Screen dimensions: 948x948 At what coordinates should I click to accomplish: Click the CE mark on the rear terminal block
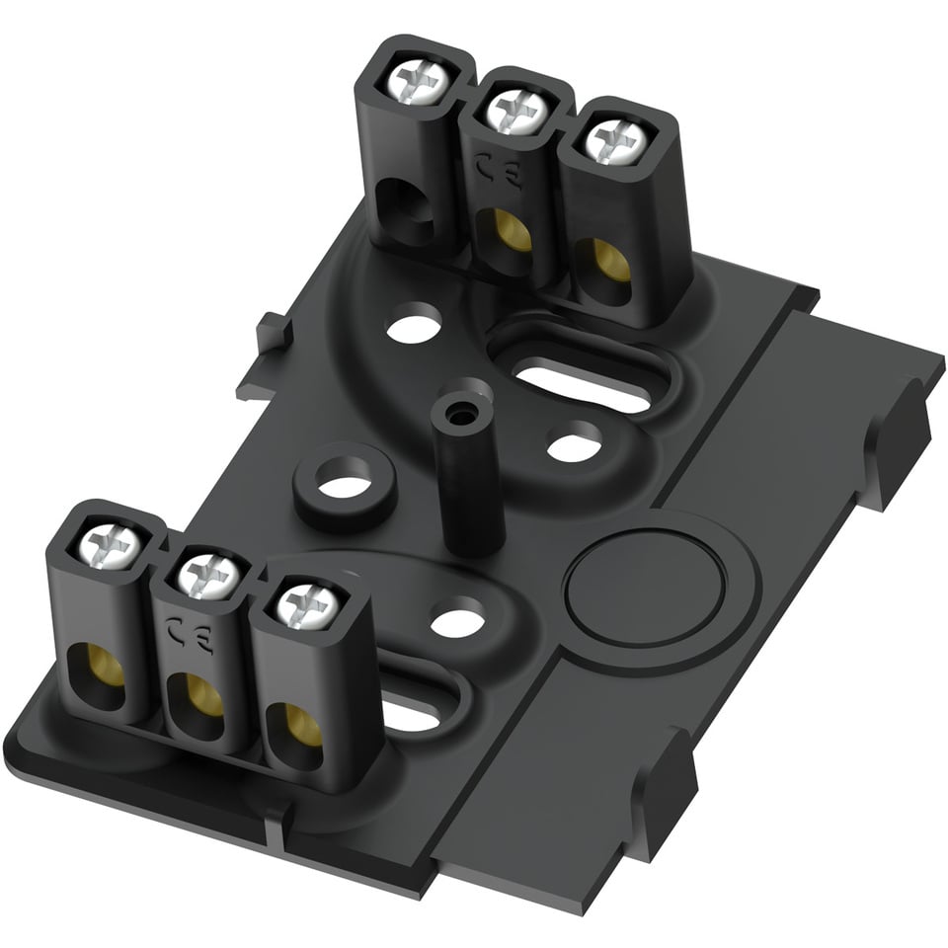coord(498,168)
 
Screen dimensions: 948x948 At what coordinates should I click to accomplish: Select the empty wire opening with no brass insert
coord(403,212)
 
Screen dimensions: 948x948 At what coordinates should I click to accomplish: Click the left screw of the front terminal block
coord(110,545)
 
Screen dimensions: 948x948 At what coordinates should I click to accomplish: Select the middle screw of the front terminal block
coord(208,576)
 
